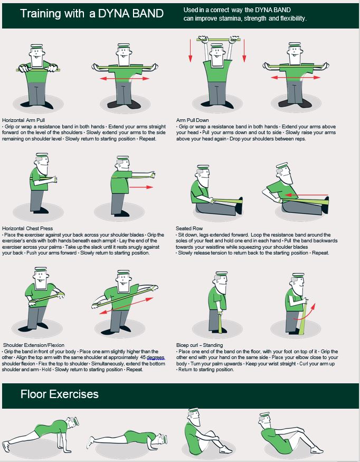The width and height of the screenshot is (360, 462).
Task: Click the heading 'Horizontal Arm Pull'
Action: pos(24,120)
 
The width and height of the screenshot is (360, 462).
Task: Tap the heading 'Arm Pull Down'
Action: pos(192,120)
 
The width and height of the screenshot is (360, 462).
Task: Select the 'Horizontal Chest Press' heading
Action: pos(27,228)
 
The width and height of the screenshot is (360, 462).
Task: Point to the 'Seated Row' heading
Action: pos(189,228)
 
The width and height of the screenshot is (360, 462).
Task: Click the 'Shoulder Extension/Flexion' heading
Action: pos(34,345)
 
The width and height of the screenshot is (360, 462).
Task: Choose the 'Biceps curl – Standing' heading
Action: pos(200,345)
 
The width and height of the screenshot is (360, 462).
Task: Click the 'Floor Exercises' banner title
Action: pos(60,394)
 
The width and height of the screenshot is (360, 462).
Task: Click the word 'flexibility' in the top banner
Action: pos(292,18)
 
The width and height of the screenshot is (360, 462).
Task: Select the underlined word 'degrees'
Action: pos(155,357)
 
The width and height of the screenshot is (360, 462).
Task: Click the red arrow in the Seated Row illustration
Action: pos(306,195)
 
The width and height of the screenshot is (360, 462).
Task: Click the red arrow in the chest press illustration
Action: pos(141,187)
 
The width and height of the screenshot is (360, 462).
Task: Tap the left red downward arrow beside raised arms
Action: pos(191,50)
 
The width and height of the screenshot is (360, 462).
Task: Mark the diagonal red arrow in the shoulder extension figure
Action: pos(126,306)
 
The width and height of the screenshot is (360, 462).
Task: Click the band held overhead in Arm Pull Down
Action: pos(219,40)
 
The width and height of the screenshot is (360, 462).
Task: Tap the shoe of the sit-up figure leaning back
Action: pos(317,450)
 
